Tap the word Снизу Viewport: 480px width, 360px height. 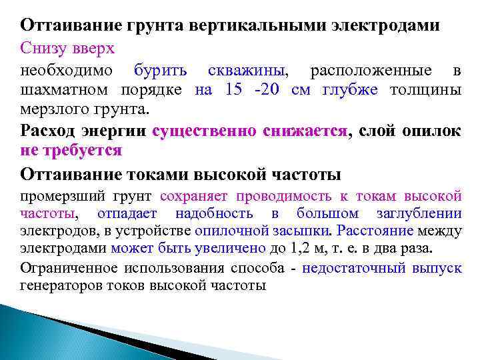[43, 48]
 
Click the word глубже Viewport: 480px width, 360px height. [353, 90]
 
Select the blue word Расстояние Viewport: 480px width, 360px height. [376, 231]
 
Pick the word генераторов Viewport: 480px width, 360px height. [62, 286]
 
